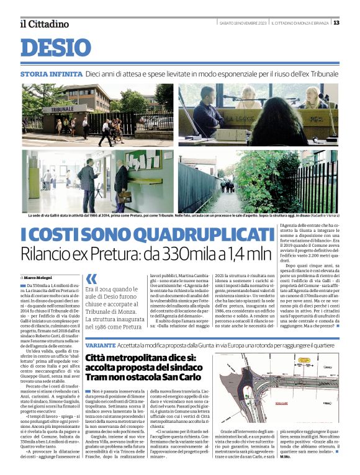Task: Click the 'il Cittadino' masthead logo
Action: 43,24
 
